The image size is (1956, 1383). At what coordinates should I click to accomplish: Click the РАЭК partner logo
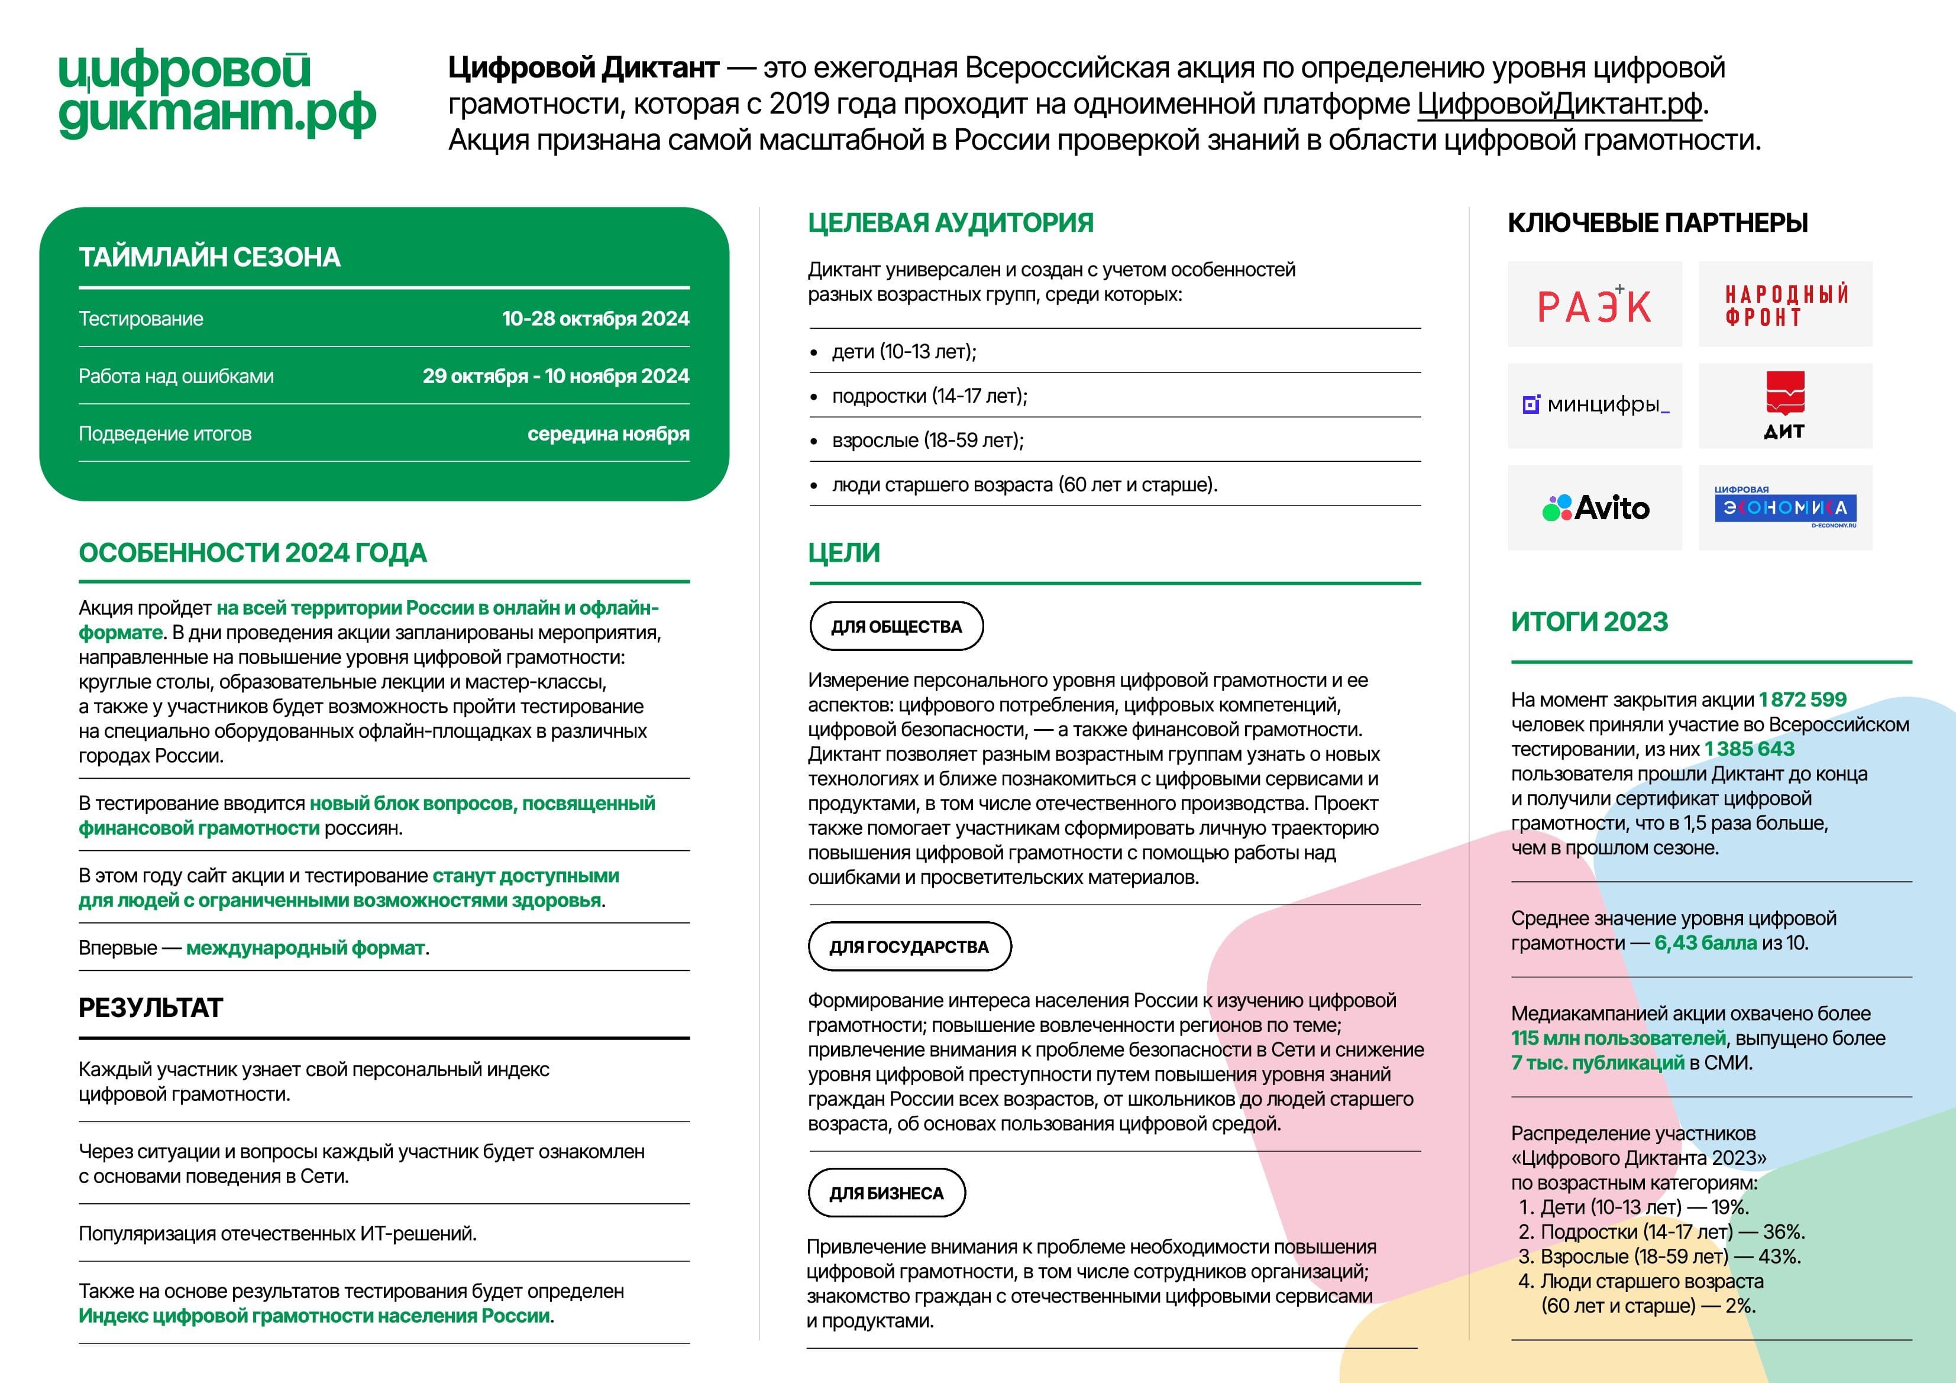tap(1594, 305)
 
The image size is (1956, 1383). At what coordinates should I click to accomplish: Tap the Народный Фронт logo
tap(1786, 305)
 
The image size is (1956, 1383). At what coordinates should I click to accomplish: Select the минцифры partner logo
tap(1595, 406)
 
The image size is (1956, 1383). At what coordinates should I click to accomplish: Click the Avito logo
tap(1595, 507)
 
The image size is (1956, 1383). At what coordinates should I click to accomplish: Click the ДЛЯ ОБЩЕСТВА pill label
tap(896, 627)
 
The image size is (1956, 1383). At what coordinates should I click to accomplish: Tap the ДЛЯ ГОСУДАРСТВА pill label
tap(909, 947)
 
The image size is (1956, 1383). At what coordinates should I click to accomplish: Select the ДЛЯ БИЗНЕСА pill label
tap(886, 1193)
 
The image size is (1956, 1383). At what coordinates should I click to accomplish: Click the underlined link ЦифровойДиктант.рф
tap(1559, 104)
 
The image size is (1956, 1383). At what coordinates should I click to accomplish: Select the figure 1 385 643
tap(1749, 749)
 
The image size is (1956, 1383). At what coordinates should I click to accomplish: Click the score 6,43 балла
tap(1705, 942)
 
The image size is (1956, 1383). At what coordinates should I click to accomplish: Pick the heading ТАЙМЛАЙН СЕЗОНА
tap(209, 257)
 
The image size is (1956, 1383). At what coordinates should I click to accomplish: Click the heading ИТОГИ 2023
tap(1589, 621)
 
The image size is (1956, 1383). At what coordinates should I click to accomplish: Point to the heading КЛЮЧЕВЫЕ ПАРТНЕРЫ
tap(1657, 223)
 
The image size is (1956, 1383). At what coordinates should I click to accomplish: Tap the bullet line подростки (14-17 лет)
tap(929, 396)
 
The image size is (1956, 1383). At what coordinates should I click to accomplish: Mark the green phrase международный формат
tap(305, 948)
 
